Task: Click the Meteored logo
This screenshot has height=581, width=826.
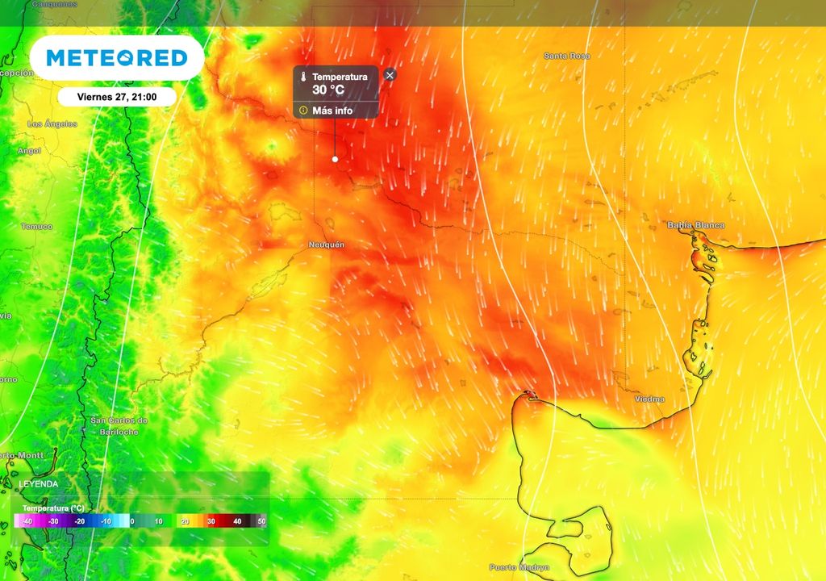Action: [x=117, y=58]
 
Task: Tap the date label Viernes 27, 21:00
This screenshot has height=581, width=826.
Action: [x=116, y=97]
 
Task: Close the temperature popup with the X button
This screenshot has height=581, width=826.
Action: [x=390, y=75]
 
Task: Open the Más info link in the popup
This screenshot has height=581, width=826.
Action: [x=332, y=111]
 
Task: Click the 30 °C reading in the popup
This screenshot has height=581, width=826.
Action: [x=328, y=90]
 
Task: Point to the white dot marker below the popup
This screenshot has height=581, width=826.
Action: [x=335, y=159]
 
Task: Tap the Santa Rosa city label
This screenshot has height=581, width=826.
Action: [x=566, y=56]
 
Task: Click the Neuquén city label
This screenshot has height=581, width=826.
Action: [x=327, y=244]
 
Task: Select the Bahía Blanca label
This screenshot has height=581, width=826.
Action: [x=695, y=225]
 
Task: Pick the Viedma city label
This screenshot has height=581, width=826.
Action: [x=649, y=399]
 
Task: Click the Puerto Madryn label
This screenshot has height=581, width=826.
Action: [x=519, y=567]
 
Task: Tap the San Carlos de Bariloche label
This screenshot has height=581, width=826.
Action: [x=119, y=426]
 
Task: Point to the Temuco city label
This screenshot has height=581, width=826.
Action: [x=36, y=227]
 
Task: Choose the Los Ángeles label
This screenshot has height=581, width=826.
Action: [x=52, y=124]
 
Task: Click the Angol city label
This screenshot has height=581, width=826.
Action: [x=29, y=151]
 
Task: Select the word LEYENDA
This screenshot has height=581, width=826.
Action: [x=38, y=484]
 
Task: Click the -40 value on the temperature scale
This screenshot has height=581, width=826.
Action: [x=27, y=522]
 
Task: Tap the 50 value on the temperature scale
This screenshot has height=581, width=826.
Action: [x=261, y=522]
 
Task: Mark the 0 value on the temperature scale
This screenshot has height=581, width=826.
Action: [x=132, y=522]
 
